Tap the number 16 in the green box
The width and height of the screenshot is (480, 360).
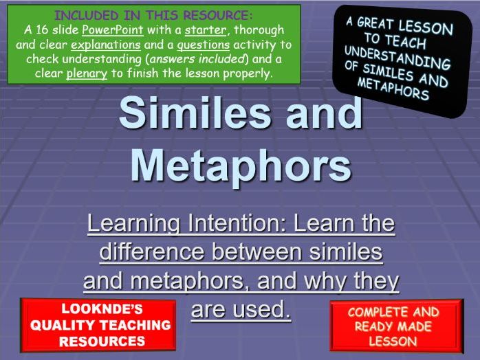40,30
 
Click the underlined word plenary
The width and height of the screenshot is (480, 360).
87,73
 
